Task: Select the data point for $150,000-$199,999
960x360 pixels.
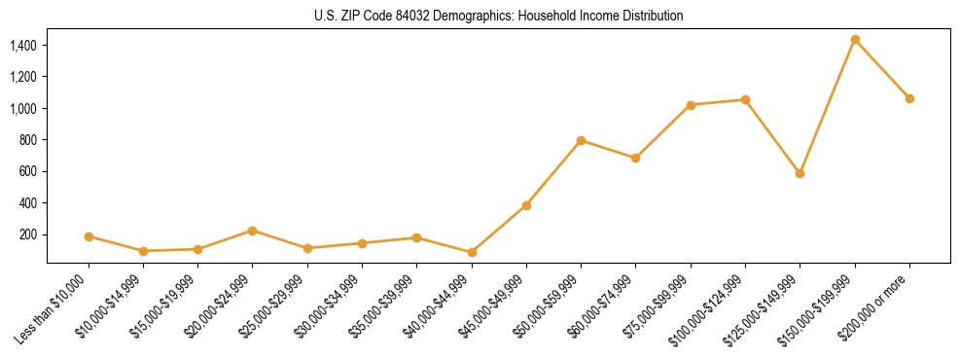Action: click(855, 39)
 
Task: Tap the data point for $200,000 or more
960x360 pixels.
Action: click(909, 98)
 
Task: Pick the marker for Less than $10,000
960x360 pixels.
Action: click(89, 236)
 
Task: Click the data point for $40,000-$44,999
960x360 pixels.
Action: click(472, 252)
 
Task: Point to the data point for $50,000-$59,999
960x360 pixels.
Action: click(581, 140)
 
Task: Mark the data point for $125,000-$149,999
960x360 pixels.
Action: click(800, 173)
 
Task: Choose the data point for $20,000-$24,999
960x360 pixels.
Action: click(253, 231)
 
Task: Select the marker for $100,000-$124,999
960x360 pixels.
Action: click(745, 99)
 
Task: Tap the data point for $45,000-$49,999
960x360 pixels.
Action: click(526, 205)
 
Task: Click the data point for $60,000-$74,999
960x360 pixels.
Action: click(635, 158)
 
